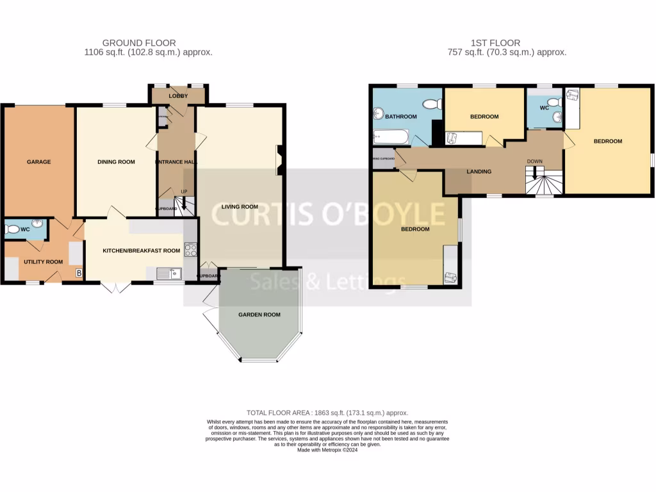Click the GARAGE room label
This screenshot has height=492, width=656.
[x=38, y=162]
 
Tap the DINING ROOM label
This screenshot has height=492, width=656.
[x=116, y=162]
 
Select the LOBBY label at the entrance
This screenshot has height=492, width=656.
[x=177, y=96]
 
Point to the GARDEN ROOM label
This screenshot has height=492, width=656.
[x=259, y=315]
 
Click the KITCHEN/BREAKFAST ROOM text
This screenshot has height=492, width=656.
[x=142, y=250]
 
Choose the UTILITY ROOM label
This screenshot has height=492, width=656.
[x=43, y=261]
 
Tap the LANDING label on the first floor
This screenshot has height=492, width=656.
[x=479, y=172]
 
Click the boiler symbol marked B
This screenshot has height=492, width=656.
[x=79, y=274]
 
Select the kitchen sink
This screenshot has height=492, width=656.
[x=169, y=274]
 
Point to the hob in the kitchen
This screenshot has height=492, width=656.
[x=190, y=250]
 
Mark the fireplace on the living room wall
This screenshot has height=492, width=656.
[x=279, y=160]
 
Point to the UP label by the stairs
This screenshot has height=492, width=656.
[x=184, y=192]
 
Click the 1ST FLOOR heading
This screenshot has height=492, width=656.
[x=486, y=43]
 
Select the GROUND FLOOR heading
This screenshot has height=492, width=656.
[x=148, y=43]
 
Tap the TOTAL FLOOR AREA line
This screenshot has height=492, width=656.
[x=327, y=413]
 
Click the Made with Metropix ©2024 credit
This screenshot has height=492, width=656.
[x=327, y=450]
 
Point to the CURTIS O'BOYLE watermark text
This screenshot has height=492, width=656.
[x=328, y=214]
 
